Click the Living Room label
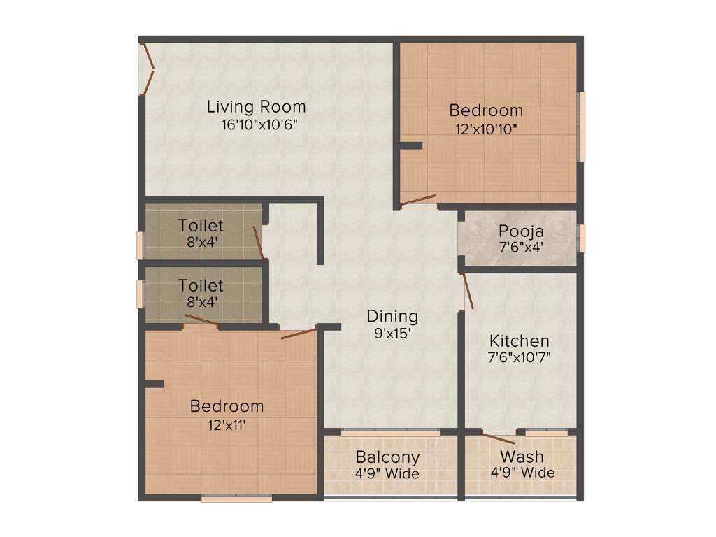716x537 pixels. point(256,107)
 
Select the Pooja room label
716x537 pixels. point(521,231)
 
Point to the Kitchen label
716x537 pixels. point(519,341)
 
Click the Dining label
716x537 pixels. point(392,316)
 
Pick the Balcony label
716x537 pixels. point(387,457)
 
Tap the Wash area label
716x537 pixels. point(522,457)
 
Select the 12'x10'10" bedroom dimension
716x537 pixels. point(485,129)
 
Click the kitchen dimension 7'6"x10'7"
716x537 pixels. point(519,359)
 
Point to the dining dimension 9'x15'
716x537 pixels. point(392,334)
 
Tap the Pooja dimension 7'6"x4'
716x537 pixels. point(521,247)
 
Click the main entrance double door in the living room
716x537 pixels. point(148,69)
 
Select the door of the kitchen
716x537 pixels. point(467,291)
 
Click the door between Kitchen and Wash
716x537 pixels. point(499,438)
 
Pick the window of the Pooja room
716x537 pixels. point(581,238)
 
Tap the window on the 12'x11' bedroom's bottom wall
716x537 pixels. point(236,499)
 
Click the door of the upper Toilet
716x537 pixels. point(259,242)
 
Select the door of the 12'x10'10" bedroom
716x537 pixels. point(418,201)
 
